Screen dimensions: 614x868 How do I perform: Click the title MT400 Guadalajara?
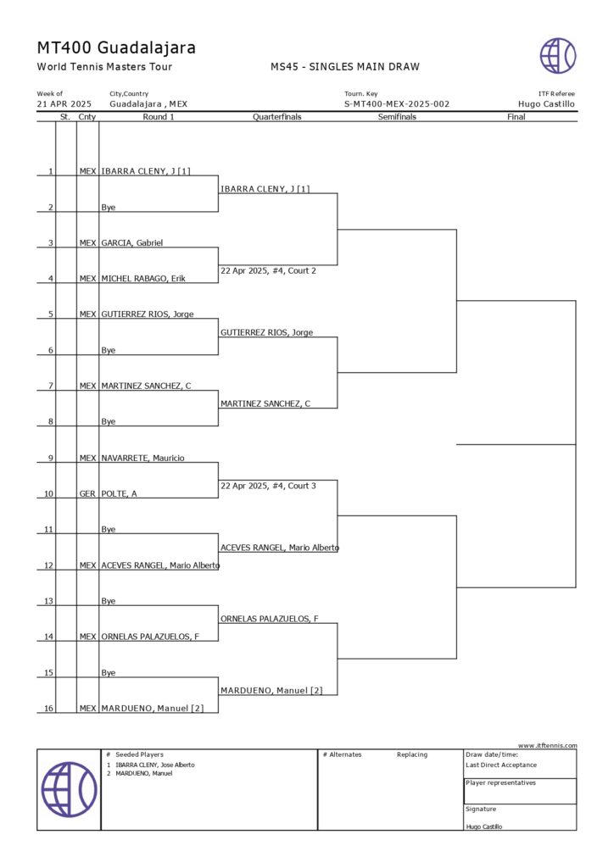click(116, 48)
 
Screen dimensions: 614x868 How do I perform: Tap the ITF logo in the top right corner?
click(557, 55)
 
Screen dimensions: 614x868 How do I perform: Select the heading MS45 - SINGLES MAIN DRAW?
click(345, 67)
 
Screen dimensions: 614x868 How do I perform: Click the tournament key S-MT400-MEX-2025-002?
click(397, 104)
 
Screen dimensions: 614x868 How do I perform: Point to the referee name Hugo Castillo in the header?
click(546, 104)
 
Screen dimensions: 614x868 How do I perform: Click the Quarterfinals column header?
click(276, 117)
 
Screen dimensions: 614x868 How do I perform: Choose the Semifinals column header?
click(397, 117)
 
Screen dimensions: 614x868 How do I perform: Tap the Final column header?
click(516, 117)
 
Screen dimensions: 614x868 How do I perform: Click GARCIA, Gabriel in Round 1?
click(131, 243)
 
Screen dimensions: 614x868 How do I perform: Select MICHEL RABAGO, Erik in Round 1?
click(142, 278)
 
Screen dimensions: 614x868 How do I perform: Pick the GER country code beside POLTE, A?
click(87, 494)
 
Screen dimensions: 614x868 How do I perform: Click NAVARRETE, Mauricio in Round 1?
click(142, 458)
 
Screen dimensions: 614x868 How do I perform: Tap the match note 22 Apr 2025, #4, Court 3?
click(268, 486)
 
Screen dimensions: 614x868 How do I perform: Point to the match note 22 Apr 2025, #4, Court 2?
click(268, 270)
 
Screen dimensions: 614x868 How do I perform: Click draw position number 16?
click(48, 708)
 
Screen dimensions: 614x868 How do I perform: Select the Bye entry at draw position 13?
click(108, 601)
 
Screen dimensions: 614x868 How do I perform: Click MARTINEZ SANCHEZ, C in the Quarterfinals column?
click(265, 404)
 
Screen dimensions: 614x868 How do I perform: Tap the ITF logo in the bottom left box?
click(70, 789)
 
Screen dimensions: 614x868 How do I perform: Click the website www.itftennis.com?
click(548, 746)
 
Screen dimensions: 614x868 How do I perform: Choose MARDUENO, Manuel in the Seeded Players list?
click(144, 773)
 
